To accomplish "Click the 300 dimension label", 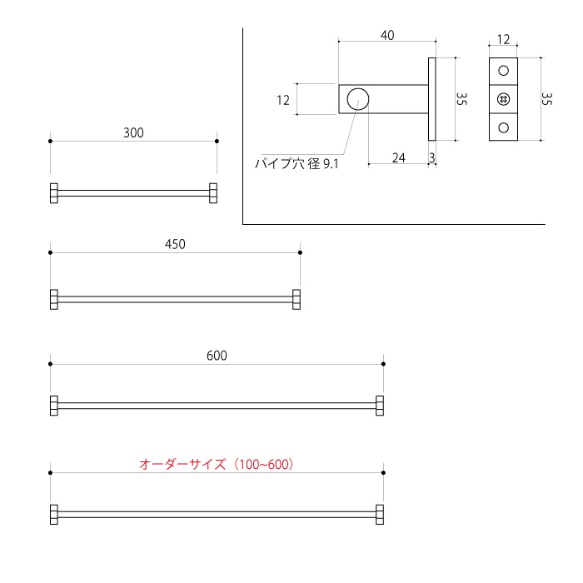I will [133, 132].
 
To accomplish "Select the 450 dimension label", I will [175, 244].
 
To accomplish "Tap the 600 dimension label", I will [217, 356].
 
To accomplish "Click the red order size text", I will [217, 464].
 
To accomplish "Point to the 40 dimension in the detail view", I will [387, 35].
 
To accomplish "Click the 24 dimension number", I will [398, 157].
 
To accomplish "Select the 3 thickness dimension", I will [432, 157].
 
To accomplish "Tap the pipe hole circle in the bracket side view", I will [358, 99].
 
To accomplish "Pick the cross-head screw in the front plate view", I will [503, 99].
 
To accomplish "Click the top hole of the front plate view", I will [503, 71].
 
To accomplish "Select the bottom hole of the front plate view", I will [503, 127].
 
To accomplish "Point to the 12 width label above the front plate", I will [503, 40].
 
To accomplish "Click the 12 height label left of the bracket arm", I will [282, 100].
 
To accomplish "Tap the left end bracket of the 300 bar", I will [54, 192].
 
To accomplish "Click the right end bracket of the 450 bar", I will [296, 299].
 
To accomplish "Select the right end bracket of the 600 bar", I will [380, 406].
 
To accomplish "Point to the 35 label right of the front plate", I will [546, 98].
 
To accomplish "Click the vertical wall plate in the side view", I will [432, 99].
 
